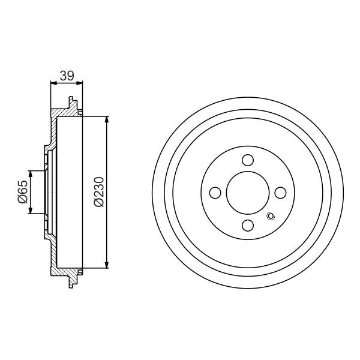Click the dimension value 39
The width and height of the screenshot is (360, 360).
click(65, 76)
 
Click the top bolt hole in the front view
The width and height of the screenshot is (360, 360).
click(247, 160)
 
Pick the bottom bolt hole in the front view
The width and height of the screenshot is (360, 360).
click(247, 225)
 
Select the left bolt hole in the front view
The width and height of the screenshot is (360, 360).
click(215, 193)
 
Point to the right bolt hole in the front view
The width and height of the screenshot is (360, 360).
click(280, 193)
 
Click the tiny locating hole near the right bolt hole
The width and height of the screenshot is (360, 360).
click(269, 217)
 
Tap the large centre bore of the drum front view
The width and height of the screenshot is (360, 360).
click(247, 193)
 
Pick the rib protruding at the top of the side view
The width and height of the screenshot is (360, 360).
click(73, 103)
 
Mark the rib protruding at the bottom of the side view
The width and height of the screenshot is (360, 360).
click(73, 282)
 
